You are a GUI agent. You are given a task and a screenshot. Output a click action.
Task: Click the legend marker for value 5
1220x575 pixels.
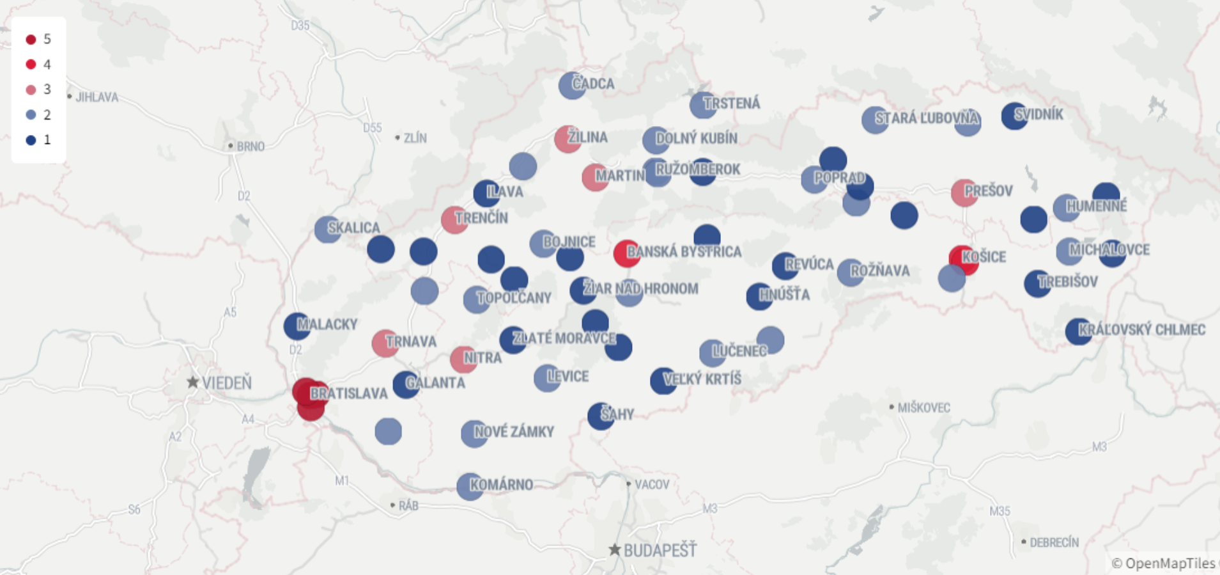pyautogui.click(x=31, y=40)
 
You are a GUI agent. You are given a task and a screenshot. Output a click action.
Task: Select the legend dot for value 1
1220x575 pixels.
pyautogui.click(x=31, y=140)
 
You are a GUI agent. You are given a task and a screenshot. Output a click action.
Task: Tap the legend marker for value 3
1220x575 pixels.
pyautogui.click(x=31, y=90)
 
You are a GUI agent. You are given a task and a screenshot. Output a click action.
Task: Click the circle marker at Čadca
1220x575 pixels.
pyautogui.click(x=571, y=85)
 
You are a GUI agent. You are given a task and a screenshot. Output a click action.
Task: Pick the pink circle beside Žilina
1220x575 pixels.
pyautogui.click(x=567, y=139)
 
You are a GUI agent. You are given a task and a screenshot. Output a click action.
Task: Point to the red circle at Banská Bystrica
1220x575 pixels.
pyautogui.click(x=626, y=253)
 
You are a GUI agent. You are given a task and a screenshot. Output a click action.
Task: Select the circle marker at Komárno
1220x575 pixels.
pyautogui.click(x=470, y=487)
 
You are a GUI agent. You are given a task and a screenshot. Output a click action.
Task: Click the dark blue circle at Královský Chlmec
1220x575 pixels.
pyautogui.click(x=1079, y=331)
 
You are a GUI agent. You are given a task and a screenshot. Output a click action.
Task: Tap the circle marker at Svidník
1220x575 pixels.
pyautogui.click(x=1014, y=116)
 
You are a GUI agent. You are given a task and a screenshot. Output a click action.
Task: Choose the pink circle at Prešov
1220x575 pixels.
pyautogui.click(x=964, y=193)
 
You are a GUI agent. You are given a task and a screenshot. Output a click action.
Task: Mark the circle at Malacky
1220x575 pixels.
pyautogui.click(x=297, y=326)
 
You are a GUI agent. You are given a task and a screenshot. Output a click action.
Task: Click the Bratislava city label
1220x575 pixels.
pyautogui.click(x=349, y=393)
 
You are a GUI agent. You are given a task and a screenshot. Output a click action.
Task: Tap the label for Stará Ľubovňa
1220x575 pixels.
pyautogui.click(x=927, y=118)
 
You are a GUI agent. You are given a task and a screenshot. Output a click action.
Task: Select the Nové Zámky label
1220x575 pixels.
pyautogui.click(x=514, y=432)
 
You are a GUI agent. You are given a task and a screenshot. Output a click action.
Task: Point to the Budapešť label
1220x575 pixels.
pyautogui.click(x=660, y=550)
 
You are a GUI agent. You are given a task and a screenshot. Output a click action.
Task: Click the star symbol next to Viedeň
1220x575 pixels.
pyautogui.click(x=192, y=382)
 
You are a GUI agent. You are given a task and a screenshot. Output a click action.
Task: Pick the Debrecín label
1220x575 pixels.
pyautogui.click(x=1054, y=542)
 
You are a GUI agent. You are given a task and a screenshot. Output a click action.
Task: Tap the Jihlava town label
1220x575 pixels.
pyautogui.click(x=97, y=97)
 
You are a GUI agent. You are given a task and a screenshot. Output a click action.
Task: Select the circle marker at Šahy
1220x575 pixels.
pyautogui.click(x=600, y=416)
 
